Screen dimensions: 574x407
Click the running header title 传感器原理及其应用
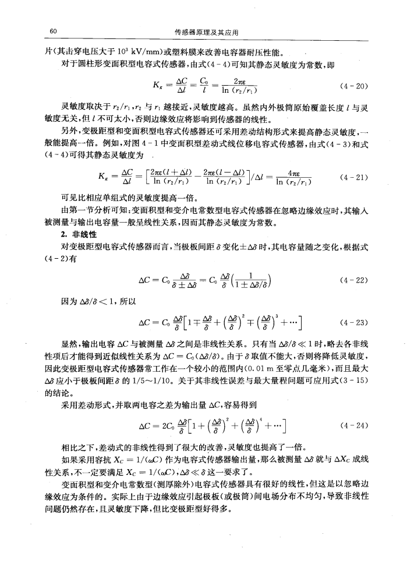coord(203,31)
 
